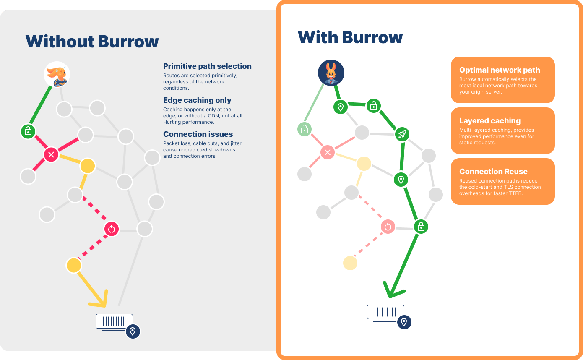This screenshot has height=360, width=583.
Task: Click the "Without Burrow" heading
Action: pyautogui.click(x=92, y=42)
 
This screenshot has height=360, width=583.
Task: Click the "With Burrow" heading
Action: pyautogui.click(x=350, y=37)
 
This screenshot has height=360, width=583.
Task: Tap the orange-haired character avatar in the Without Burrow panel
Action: pyautogui.click(x=57, y=74)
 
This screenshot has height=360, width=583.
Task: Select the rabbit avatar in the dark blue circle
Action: pyautogui.click(x=331, y=73)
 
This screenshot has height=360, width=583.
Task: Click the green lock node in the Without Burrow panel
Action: pyautogui.click(x=28, y=131)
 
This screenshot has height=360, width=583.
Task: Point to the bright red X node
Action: pyautogui.click(x=51, y=155)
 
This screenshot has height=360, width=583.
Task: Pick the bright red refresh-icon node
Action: pyautogui.click(x=112, y=229)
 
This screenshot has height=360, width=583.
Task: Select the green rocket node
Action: pyautogui.click(x=402, y=134)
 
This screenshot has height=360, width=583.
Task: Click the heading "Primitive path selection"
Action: pyautogui.click(x=207, y=66)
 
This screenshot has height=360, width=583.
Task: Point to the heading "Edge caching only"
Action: pyautogui.click(x=197, y=100)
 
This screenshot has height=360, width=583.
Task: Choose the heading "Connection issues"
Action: pyautogui.click(x=198, y=134)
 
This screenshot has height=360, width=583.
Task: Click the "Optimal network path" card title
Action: pyautogui.click(x=500, y=70)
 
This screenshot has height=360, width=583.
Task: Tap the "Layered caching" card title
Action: pyautogui.click(x=489, y=121)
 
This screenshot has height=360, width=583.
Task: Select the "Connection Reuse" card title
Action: pyautogui.click(x=493, y=172)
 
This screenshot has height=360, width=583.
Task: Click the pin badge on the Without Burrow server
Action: pyautogui.click(x=133, y=331)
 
